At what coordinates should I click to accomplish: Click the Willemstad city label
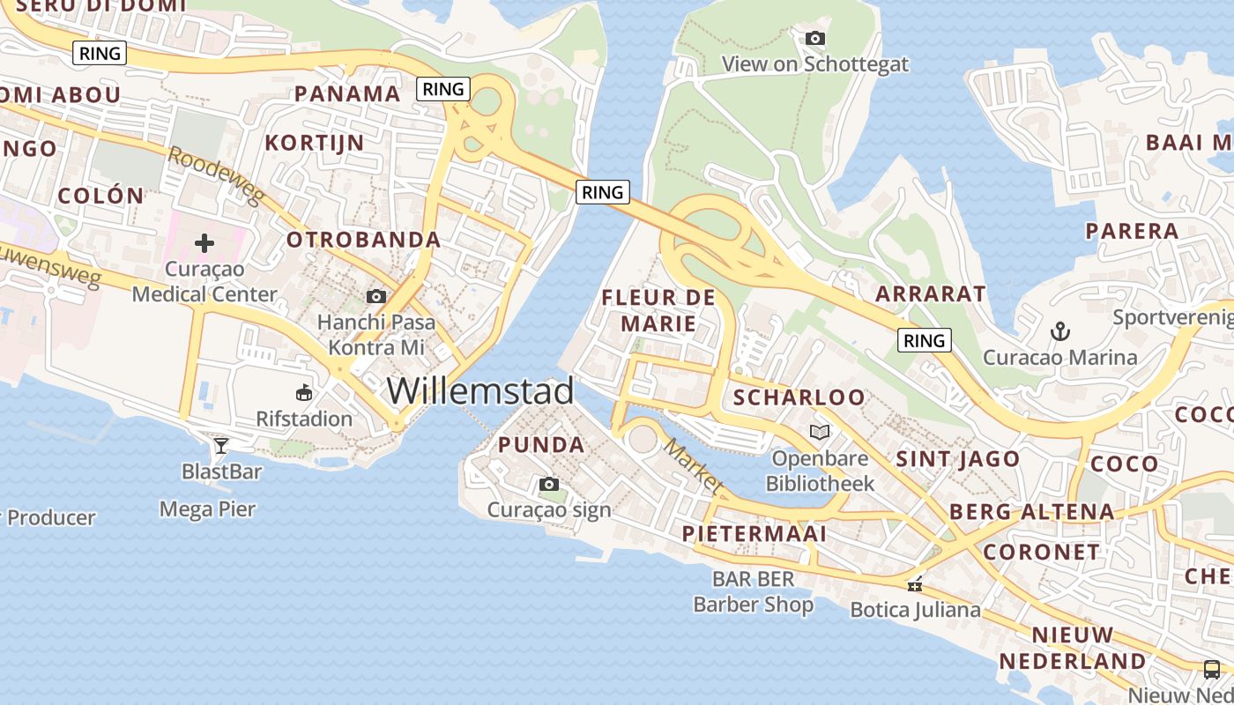480,390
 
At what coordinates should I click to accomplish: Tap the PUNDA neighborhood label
541,445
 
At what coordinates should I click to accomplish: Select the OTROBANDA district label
363,240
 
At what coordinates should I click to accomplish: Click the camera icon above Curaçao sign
548,484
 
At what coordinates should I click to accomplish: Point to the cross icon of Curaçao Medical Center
204,243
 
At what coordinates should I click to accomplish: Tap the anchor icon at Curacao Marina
1060,332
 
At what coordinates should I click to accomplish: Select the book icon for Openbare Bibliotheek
820,432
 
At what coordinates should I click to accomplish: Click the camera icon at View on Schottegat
815,38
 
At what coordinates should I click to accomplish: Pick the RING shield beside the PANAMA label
443,89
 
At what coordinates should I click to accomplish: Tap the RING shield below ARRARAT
924,340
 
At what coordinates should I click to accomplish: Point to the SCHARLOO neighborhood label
799,397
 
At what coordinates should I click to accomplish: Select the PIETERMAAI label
755,534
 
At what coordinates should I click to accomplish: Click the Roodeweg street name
215,175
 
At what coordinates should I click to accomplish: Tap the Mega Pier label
207,509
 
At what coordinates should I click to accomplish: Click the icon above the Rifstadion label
304,392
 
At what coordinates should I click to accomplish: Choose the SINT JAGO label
957,459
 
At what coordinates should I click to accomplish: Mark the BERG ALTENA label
1031,512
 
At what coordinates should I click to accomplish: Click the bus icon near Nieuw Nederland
1212,669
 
